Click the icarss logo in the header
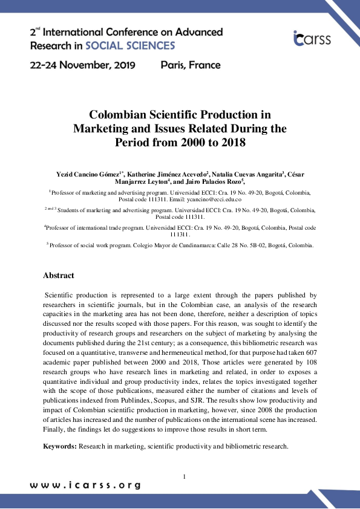(312, 38)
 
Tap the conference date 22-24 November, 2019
(82, 65)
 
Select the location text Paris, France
(191, 65)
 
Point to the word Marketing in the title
(100, 129)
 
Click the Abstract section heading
(59, 276)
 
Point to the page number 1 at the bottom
(184, 478)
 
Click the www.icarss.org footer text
(85, 485)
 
